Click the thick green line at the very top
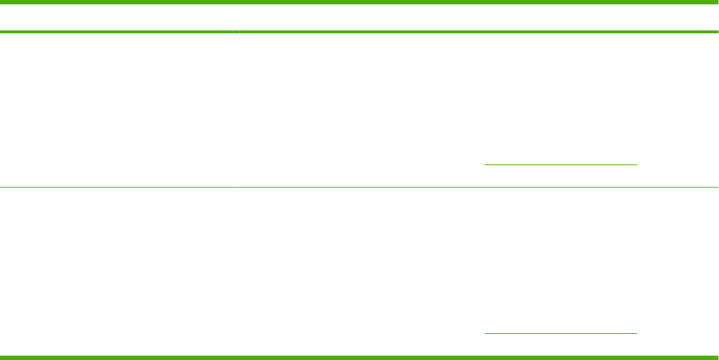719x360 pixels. click(x=359, y=3)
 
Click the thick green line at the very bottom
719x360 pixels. click(x=359, y=356)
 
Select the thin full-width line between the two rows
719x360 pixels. click(x=359, y=188)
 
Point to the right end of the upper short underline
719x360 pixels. click(x=636, y=164)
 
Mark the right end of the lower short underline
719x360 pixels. click(x=636, y=333)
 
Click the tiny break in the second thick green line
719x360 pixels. click(x=239, y=32)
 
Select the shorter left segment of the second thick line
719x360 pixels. click(x=120, y=32)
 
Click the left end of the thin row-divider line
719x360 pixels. click(x=1, y=188)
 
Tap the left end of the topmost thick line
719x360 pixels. click(x=1, y=3)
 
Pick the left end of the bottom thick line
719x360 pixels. click(x=1, y=356)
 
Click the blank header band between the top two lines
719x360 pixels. click(x=359, y=17)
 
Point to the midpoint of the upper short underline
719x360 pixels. click(x=561, y=164)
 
